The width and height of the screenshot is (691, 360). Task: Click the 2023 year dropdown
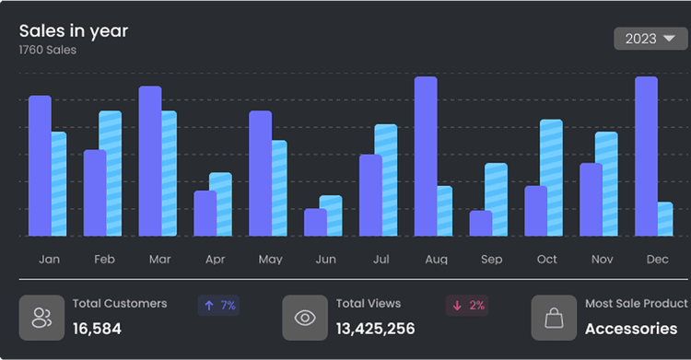pyautogui.click(x=650, y=39)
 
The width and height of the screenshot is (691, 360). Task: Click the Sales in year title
pyautogui.click(x=74, y=30)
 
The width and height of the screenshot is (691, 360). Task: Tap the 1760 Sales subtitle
pyautogui.click(x=48, y=51)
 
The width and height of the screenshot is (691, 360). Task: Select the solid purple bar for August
pyautogui.click(x=426, y=157)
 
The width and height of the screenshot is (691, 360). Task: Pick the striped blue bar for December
pyautogui.click(x=663, y=219)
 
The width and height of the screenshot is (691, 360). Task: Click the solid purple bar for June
pyautogui.click(x=315, y=222)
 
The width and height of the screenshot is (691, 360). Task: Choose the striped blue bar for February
pyautogui.click(x=111, y=173)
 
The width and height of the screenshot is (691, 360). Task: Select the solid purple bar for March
pyautogui.click(x=150, y=161)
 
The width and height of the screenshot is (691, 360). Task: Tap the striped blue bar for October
pyautogui.click(x=551, y=178)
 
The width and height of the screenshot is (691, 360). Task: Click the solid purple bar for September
pyautogui.click(x=481, y=223)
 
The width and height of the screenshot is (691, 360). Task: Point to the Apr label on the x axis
pyautogui.click(x=215, y=260)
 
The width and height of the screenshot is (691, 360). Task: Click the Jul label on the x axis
pyautogui.click(x=381, y=260)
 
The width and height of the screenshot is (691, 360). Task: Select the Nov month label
pyautogui.click(x=602, y=260)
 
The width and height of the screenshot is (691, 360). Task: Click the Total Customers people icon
pyautogui.click(x=41, y=319)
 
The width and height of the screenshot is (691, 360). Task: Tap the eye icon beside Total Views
pyautogui.click(x=305, y=319)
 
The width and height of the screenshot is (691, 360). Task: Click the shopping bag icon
pyautogui.click(x=554, y=319)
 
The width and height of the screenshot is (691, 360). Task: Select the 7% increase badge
pyautogui.click(x=218, y=305)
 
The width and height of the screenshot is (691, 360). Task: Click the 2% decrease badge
pyautogui.click(x=468, y=305)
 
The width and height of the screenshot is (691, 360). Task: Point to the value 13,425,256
pyautogui.click(x=375, y=329)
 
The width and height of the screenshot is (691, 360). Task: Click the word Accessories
pyautogui.click(x=631, y=329)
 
